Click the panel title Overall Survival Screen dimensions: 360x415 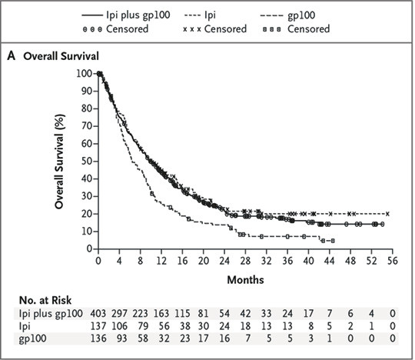click(65, 55)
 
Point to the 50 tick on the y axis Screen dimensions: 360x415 click(85, 161)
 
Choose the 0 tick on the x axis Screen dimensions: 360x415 click(98, 262)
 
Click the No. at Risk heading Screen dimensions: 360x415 click(46, 299)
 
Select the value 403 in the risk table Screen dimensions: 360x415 click(101, 314)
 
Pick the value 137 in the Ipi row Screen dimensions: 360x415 click(101, 325)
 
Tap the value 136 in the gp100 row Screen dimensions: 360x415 click(101, 337)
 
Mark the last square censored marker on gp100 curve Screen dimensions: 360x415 click(333, 241)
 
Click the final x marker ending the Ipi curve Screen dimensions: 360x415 click(387, 213)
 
